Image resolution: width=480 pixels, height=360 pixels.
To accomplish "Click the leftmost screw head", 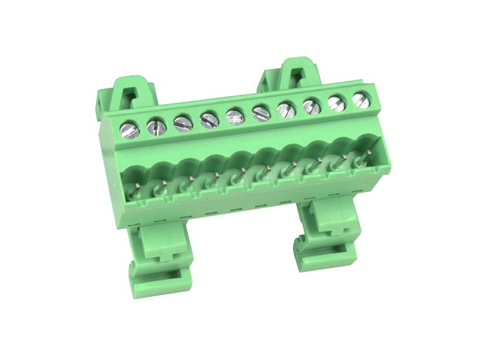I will (130, 128).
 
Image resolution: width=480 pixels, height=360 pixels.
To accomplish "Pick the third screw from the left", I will (183, 123).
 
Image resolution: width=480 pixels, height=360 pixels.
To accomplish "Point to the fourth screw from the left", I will (209, 120).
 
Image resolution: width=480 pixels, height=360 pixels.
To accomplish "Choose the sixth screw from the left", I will (261, 112).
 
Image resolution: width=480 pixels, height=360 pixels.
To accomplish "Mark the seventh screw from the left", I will (286, 108).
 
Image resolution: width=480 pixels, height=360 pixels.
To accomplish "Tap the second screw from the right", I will (336, 102).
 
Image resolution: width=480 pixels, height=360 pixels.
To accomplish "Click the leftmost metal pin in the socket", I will (137, 187).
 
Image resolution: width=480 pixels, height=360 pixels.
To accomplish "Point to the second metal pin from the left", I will (164, 183).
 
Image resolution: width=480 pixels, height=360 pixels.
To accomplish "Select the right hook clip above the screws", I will (291, 75).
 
